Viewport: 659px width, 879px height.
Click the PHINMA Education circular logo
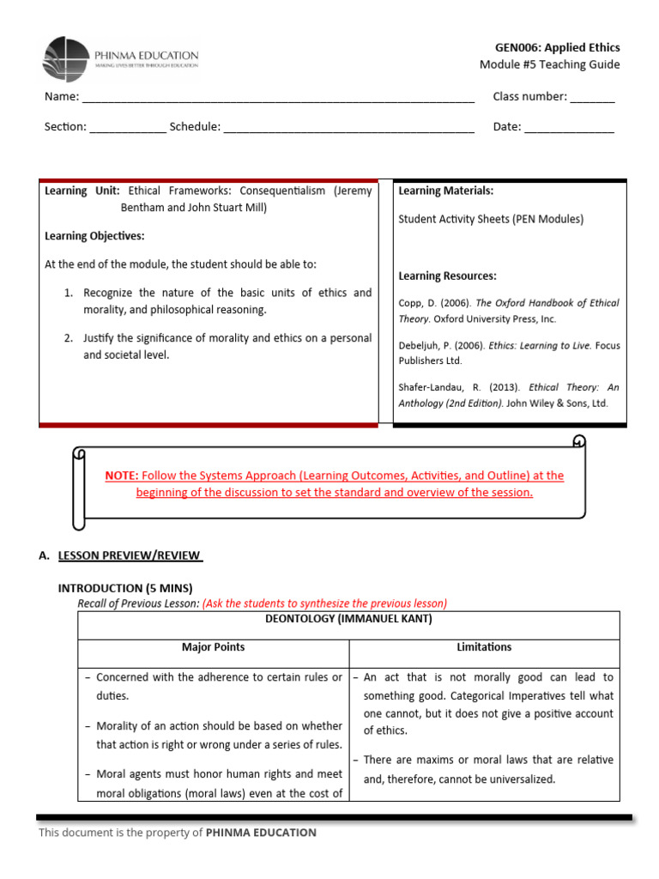pyautogui.click(x=65, y=58)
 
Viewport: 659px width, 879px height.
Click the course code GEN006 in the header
pyautogui.click(x=518, y=47)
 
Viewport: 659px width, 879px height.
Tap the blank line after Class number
pyautogui.click(x=592, y=98)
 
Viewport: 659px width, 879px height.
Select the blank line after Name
pyautogui.click(x=278, y=98)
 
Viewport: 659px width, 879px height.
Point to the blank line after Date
pyautogui.click(x=569, y=128)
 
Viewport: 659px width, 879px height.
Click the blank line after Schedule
pyautogui.click(x=349, y=128)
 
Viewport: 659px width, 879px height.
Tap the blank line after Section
pyautogui.click(x=128, y=128)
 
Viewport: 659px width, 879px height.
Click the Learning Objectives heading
pyautogui.click(x=94, y=236)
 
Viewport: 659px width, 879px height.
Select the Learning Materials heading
pyautogui.click(x=445, y=191)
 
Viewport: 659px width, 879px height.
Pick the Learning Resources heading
pyautogui.click(x=447, y=276)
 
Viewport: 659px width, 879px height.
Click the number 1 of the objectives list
pyautogui.click(x=69, y=293)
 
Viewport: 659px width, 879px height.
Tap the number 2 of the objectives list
pyautogui.click(x=69, y=338)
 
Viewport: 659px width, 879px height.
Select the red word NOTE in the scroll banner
pyautogui.click(x=121, y=476)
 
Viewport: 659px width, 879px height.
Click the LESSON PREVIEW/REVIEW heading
pyautogui.click(x=130, y=555)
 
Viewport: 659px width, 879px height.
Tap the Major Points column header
pyautogui.click(x=213, y=646)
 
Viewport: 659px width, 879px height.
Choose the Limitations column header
pyautogui.click(x=484, y=646)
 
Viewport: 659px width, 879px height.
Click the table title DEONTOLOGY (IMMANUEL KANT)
pyautogui.click(x=348, y=619)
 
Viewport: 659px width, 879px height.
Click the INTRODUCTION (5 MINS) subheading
pyautogui.click(x=125, y=588)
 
